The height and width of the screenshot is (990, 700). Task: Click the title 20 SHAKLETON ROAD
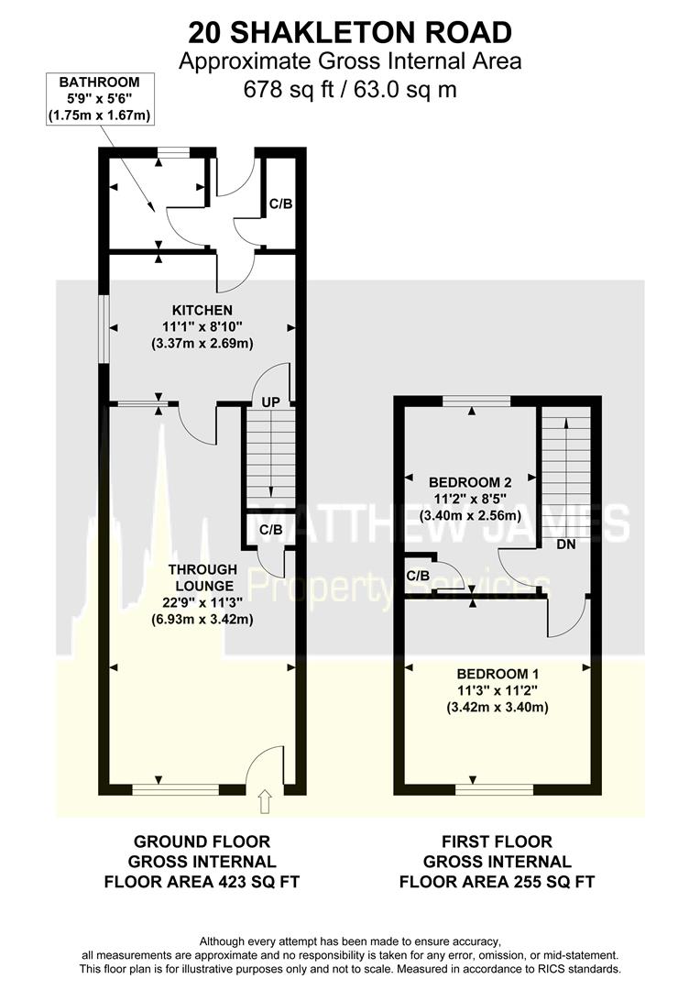coord(350,32)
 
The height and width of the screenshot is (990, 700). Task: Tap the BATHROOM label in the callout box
coord(99,82)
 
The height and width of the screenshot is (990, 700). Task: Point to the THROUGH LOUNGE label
coord(190,577)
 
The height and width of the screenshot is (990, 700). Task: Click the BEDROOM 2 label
coord(470,481)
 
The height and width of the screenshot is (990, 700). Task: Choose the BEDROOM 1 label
coord(496,674)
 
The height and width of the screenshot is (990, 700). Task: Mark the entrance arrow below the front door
coord(266,802)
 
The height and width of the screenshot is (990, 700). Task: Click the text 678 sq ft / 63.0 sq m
coord(350,90)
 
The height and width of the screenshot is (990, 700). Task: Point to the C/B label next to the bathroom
coord(279,203)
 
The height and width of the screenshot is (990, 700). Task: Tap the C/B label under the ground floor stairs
coord(270,530)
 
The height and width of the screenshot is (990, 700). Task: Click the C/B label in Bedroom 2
coord(418,576)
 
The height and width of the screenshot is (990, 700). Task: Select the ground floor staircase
coord(268,457)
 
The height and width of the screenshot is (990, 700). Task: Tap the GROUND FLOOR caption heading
coord(202,841)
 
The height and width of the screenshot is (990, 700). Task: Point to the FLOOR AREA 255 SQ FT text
coord(497,882)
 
